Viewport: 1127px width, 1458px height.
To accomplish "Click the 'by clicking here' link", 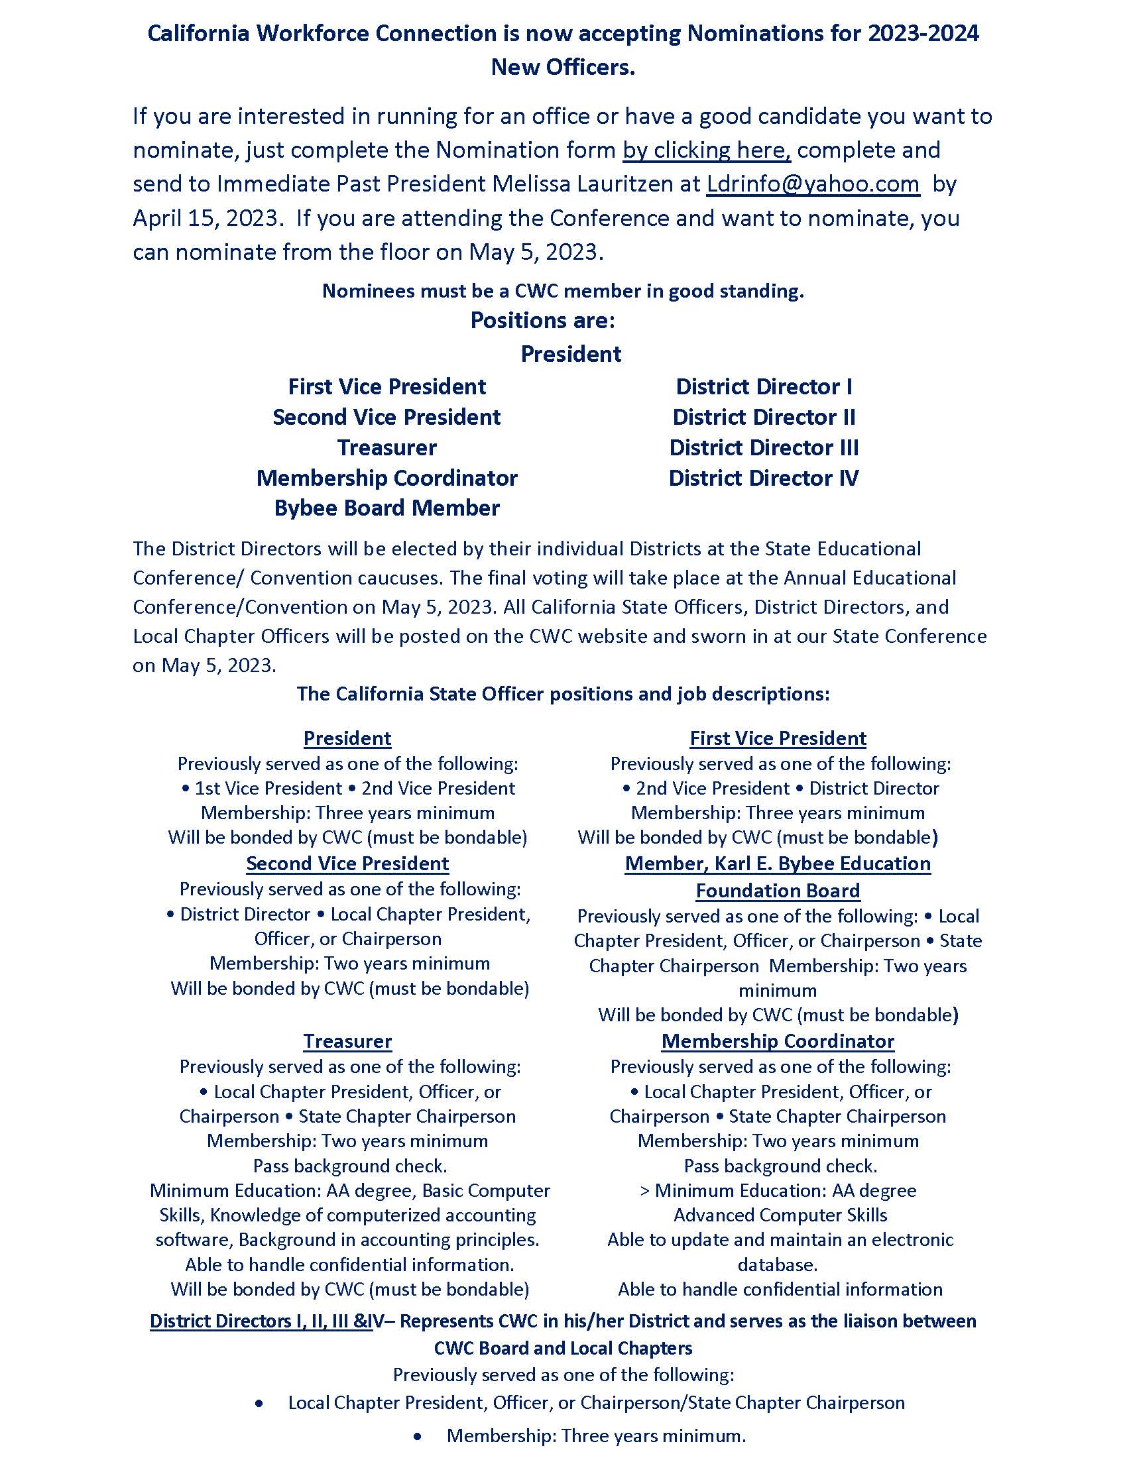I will (x=707, y=150).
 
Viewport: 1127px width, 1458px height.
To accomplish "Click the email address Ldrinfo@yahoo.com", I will (x=813, y=184).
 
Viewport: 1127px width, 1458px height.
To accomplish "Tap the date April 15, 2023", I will (x=205, y=218).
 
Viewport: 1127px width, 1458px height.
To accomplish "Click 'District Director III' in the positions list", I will (x=764, y=447).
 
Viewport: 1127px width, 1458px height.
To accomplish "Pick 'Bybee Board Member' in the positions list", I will (x=386, y=508).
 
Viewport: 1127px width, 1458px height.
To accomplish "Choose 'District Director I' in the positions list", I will (x=764, y=386).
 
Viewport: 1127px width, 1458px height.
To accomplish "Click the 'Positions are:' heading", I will (x=542, y=321).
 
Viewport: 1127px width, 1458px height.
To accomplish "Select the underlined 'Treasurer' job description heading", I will (x=347, y=1040).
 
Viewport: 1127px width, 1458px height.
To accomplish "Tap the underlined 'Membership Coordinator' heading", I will (x=777, y=1040).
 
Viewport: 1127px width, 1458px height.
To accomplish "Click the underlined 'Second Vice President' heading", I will (x=347, y=863).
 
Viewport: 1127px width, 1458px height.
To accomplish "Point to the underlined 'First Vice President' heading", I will (x=777, y=738).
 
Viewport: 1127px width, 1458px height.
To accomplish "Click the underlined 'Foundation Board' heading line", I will (x=777, y=891).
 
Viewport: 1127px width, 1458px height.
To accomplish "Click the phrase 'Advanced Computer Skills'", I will (x=780, y=1215).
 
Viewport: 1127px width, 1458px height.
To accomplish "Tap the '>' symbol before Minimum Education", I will (x=644, y=1190).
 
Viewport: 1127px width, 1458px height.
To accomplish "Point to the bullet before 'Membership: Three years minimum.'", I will (x=418, y=1436).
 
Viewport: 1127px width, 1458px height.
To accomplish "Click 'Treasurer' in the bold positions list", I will (x=386, y=447).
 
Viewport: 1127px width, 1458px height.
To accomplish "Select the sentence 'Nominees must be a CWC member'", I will (x=563, y=291).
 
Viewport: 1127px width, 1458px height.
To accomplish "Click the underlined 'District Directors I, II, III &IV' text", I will (x=261, y=1320).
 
